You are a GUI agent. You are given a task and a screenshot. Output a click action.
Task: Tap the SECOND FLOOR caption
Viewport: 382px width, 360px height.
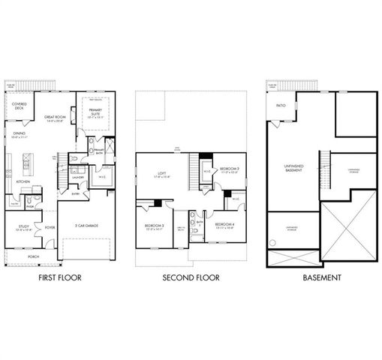pos(191,277)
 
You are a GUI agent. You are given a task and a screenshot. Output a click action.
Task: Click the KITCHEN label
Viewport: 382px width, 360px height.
pos(23,181)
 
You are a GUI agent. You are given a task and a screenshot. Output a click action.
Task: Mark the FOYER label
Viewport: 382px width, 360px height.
pos(50,226)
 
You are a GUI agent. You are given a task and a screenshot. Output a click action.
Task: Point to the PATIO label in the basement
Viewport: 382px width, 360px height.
pos(280,106)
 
